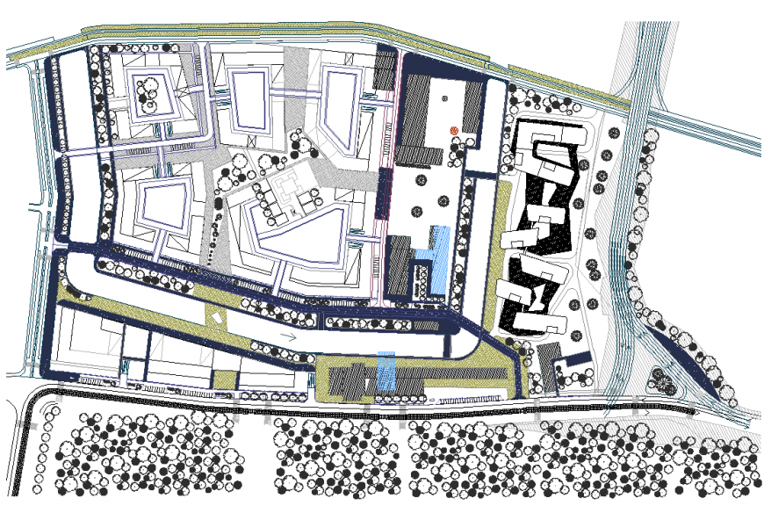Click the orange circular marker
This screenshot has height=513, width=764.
(454, 130)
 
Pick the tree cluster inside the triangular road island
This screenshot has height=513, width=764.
(659, 379)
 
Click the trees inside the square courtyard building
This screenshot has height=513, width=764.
(147, 92)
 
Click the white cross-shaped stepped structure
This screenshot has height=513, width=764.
(290, 195)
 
